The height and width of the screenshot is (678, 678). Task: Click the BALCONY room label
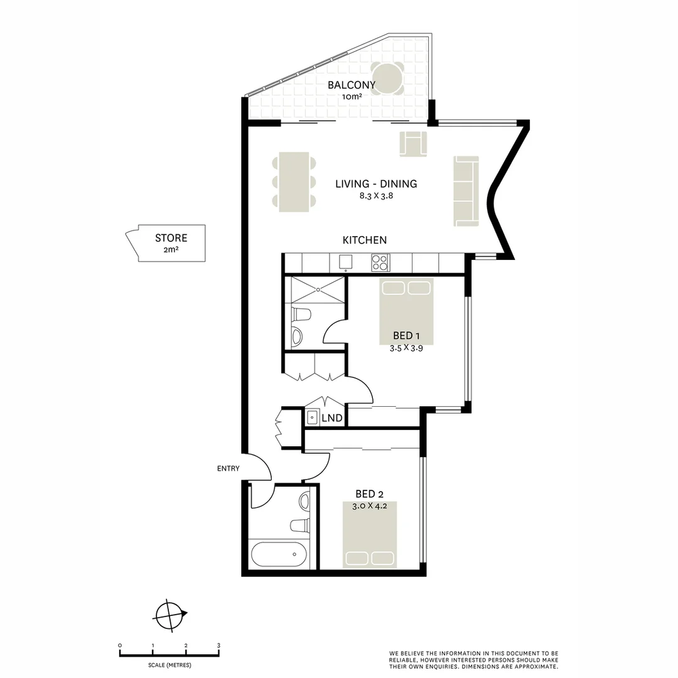(x=352, y=85)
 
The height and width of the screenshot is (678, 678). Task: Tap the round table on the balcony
(x=387, y=79)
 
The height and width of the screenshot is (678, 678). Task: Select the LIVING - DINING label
(x=376, y=184)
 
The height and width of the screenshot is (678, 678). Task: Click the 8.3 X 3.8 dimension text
(x=376, y=196)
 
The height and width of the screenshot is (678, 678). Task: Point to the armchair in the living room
(x=413, y=144)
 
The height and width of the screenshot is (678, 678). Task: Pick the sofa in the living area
(x=466, y=191)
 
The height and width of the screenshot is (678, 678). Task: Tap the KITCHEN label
(x=364, y=240)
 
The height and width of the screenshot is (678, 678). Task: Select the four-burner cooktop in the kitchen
(x=380, y=262)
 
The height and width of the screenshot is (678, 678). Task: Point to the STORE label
(x=171, y=238)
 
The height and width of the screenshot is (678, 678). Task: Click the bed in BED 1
(x=406, y=311)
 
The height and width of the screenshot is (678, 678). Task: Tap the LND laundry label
(x=331, y=418)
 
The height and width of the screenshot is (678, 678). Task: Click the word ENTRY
(x=228, y=468)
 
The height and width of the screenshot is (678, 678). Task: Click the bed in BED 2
(x=370, y=534)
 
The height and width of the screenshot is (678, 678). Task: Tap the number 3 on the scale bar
(x=218, y=645)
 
